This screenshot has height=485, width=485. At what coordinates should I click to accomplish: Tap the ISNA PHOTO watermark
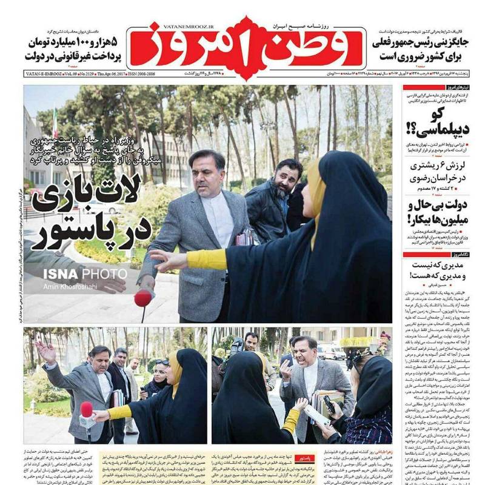85,273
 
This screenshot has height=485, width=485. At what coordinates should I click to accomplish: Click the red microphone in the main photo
143,298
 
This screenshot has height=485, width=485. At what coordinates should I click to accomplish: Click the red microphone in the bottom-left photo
87,410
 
